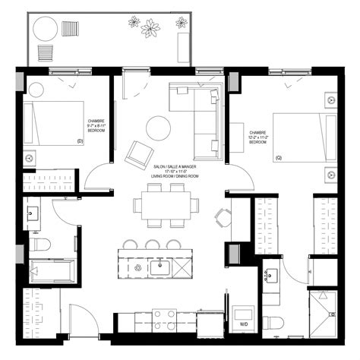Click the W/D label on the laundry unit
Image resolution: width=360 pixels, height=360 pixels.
[x=242, y=324]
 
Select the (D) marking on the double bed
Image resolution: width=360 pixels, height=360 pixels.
[x=80, y=141]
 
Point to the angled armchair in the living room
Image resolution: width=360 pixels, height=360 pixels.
[x=139, y=156]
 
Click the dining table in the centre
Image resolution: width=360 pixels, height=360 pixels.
[x=163, y=204]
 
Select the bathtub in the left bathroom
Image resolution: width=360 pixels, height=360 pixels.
[x=51, y=270]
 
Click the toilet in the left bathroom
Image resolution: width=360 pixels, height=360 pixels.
[x=39, y=244]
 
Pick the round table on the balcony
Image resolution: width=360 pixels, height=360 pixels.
[x=47, y=31]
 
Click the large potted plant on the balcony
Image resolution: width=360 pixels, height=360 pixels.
[x=151, y=29]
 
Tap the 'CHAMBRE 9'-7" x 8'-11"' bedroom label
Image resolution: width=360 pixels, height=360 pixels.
[x=96, y=125]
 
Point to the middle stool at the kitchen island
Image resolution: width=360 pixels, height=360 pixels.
[x=152, y=245]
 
